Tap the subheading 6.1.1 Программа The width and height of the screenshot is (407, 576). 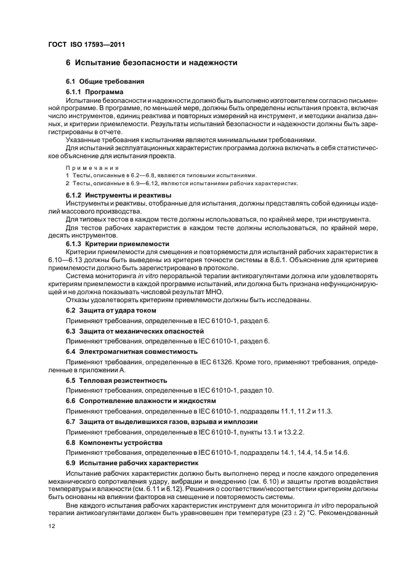pyautogui.click(x=94, y=91)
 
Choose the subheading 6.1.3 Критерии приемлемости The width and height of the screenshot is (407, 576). pyautogui.click(x=117, y=244)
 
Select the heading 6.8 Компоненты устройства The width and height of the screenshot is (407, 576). pyautogui.click(x=114, y=442)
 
